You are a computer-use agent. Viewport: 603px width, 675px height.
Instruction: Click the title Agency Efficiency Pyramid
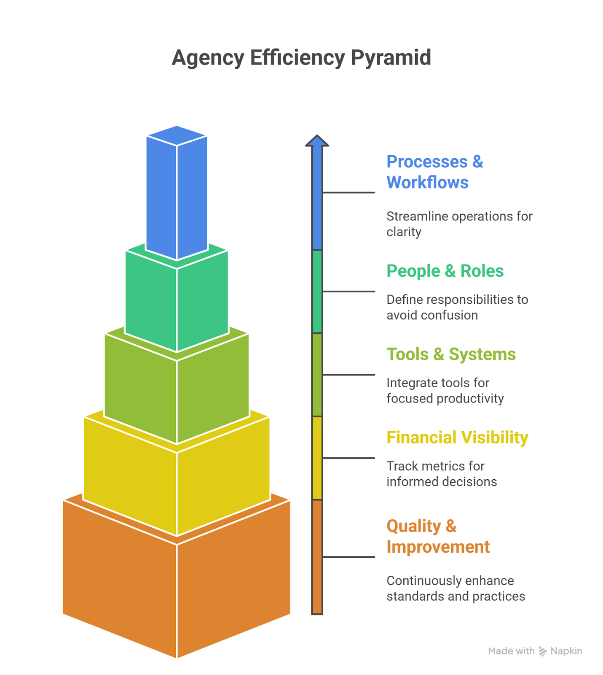[x=301, y=58]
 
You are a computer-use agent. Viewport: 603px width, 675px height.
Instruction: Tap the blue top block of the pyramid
[x=177, y=194]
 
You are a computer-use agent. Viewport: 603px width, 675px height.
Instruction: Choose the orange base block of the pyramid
[x=177, y=591]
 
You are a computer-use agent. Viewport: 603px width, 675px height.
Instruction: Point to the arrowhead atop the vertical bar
[x=317, y=141]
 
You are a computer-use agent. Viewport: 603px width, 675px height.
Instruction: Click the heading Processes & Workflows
[x=434, y=172]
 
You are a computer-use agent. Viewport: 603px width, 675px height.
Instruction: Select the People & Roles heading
[x=445, y=271]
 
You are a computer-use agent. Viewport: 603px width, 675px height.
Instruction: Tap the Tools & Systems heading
[x=451, y=354]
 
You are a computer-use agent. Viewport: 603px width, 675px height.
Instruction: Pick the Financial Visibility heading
[x=457, y=437]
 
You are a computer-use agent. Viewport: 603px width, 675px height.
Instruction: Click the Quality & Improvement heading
[x=438, y=536]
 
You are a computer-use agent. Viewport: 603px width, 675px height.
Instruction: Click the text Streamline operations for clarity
[x=459, y=224]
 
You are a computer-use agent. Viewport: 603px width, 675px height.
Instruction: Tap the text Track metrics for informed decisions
[x=442, y=474]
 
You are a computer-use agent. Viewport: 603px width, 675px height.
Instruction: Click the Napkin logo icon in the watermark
[x=543, y=651]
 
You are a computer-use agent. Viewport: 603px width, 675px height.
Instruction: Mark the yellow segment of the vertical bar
[x=317, y=458]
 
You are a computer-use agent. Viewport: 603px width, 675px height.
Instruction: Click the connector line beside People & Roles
[x=348, y=291]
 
